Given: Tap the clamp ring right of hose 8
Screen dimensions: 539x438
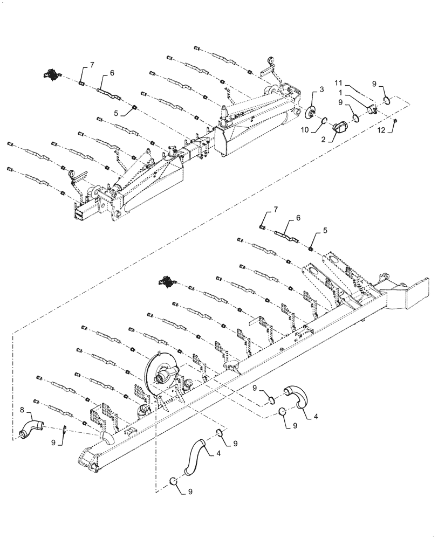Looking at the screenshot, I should click(x=64, y=430).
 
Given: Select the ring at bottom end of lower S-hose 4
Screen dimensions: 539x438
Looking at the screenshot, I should click(x=174, y=481).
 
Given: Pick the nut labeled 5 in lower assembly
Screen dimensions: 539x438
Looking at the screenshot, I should click(x=312, y=248).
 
